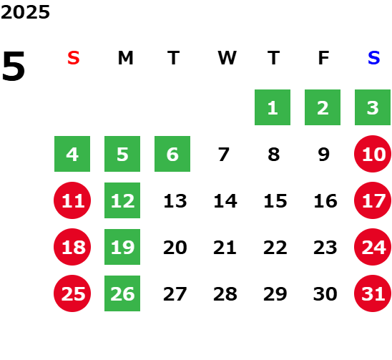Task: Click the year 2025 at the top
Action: pyautogui.click(x=25, y=12)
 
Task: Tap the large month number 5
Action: pyautogui.click(x=14, y=66)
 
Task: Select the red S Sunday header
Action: pyautogui.click(x=74, y=58)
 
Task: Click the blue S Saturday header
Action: pyautogui.click(x=373, y=58)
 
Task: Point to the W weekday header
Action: pyautogui.click(x=227, y=58)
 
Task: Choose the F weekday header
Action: pyautogui.click(x=324, y=58)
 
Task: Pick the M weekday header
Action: pyautogui.click(x=125, y=58)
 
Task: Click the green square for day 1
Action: pyautogui.click(x=273, y=107)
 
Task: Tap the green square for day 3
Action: pyautogui.click(x=373, y=107)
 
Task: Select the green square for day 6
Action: pyautogui.click(x=172, y=154)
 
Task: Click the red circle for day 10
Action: pyautogui.click(x=373, y=154)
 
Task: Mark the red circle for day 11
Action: pyautogui.click(x=72, y=200)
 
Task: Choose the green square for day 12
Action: pyautogui.click(x=122, y=200)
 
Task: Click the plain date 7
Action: pyautogui.click(x=223, y=155)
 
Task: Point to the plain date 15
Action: pyautogui.click(x=275, y=201)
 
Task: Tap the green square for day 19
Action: pyautogui.click(x=122, y=247)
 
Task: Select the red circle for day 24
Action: pyautogui.click(x=373, y=247)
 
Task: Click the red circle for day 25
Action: pyautogui.click(x=72, y=293)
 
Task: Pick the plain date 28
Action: pyautogui.click(x=225, y=294)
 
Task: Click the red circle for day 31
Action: pyautogui.click(x=373, y=293)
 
